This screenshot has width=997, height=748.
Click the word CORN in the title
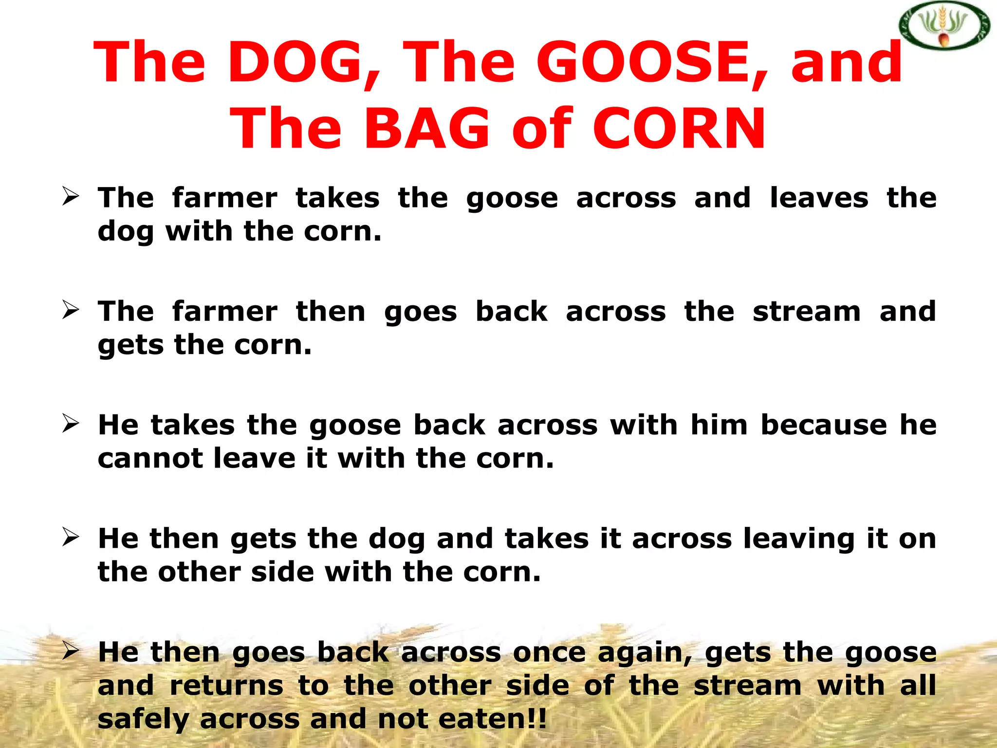[680, 129]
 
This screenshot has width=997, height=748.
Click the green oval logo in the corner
[944, 27]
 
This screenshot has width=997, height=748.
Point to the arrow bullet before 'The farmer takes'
[71, 197]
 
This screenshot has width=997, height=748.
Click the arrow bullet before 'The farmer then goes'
[71, 310]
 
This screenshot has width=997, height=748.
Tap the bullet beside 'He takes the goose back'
[71, 424]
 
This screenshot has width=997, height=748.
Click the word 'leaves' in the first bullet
[819, 198]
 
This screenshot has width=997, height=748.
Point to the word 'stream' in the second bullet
[807, 312]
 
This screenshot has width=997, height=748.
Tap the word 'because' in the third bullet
[824, 425]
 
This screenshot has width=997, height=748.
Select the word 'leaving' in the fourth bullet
[799, 540]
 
